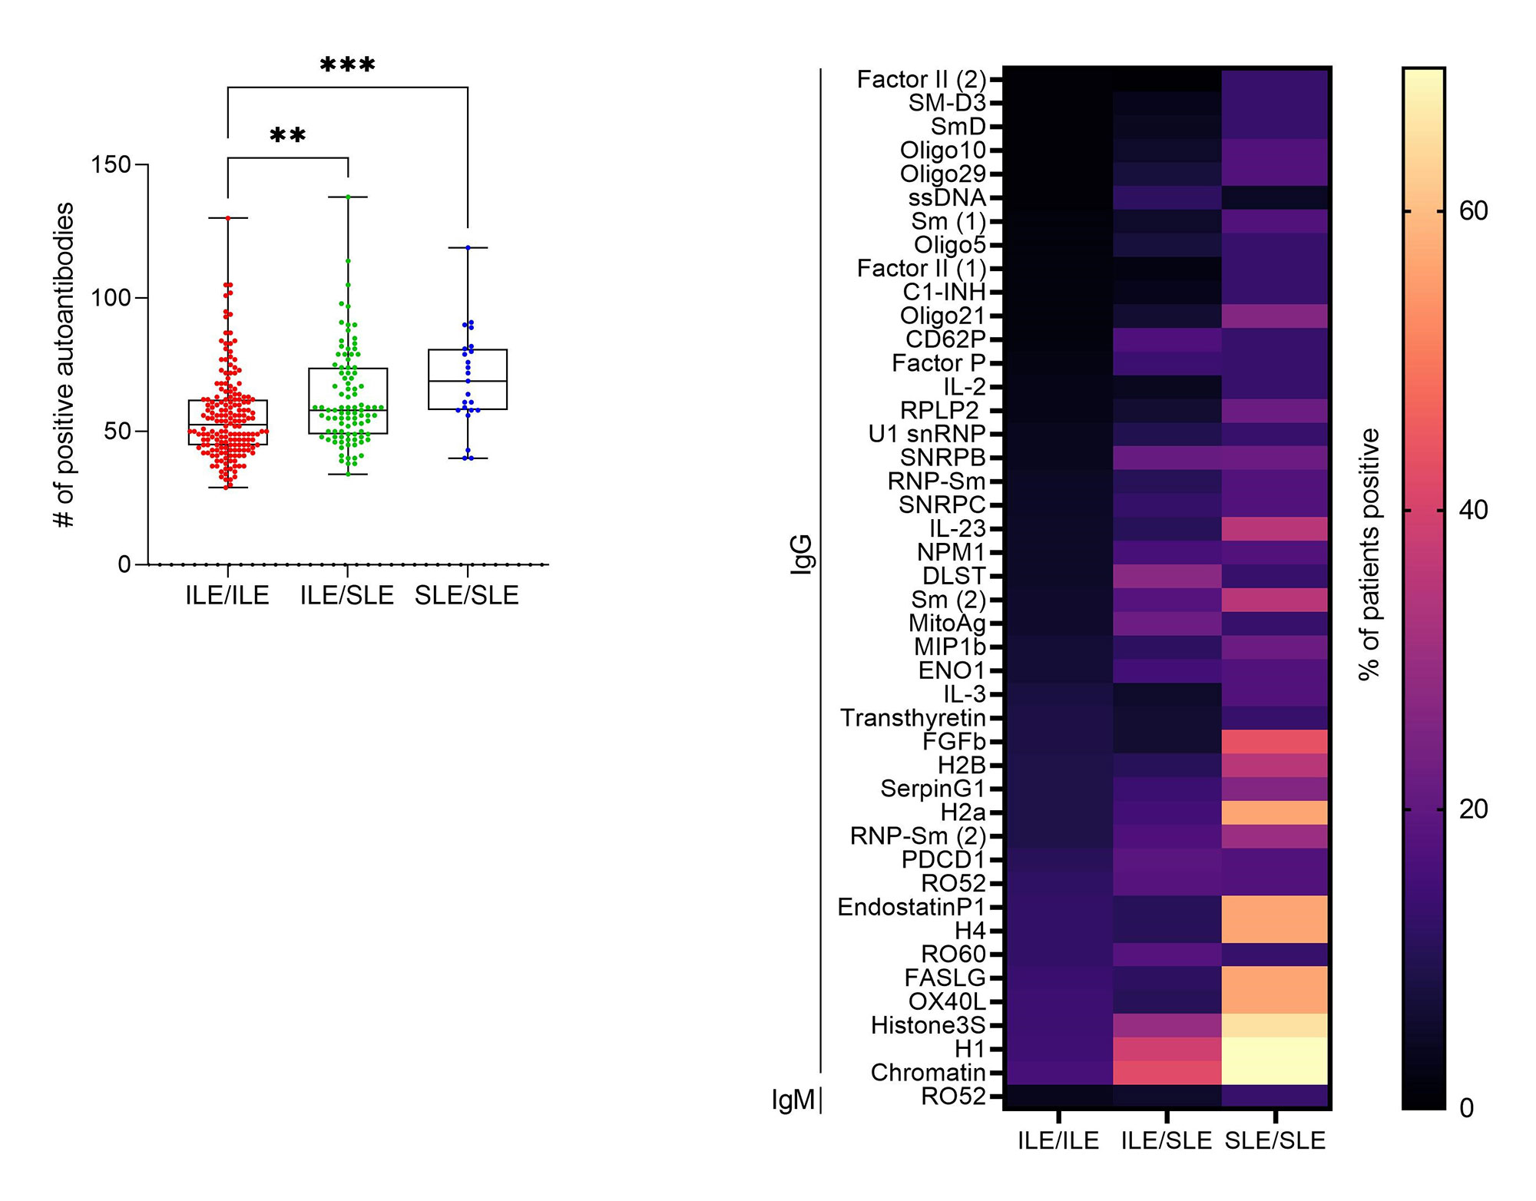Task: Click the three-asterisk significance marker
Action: [347, 65]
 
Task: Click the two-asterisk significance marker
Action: [288, 136]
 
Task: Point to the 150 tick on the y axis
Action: [111, 164]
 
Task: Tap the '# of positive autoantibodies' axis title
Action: [65, 365]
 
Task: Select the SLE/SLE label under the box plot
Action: [467, 595]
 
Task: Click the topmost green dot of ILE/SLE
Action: [348, 197]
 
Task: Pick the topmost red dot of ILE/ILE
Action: [228, 218]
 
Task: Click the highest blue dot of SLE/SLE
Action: [468, 247]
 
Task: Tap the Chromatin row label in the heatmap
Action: [928, 1072]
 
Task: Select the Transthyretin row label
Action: [912, 718]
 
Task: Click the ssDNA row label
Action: [946, 198]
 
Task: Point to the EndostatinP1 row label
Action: [911, 907]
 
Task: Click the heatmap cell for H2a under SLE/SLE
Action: [1275, 812]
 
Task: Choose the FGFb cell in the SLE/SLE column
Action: [1275, 742]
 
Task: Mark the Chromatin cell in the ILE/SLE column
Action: [1167, 1072]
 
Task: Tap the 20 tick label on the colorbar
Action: [1473, 809]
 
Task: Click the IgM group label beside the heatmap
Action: [793, 1100]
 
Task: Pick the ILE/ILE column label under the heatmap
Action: [1058, 1140]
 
